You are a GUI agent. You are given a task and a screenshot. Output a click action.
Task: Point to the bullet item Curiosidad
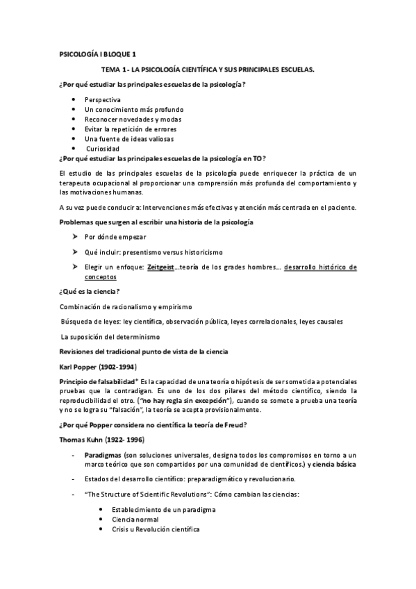coord(103,149)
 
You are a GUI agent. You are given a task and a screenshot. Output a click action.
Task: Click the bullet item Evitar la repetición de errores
coord(130,129)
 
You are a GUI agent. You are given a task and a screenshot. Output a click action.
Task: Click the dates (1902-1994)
coord(117,366)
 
